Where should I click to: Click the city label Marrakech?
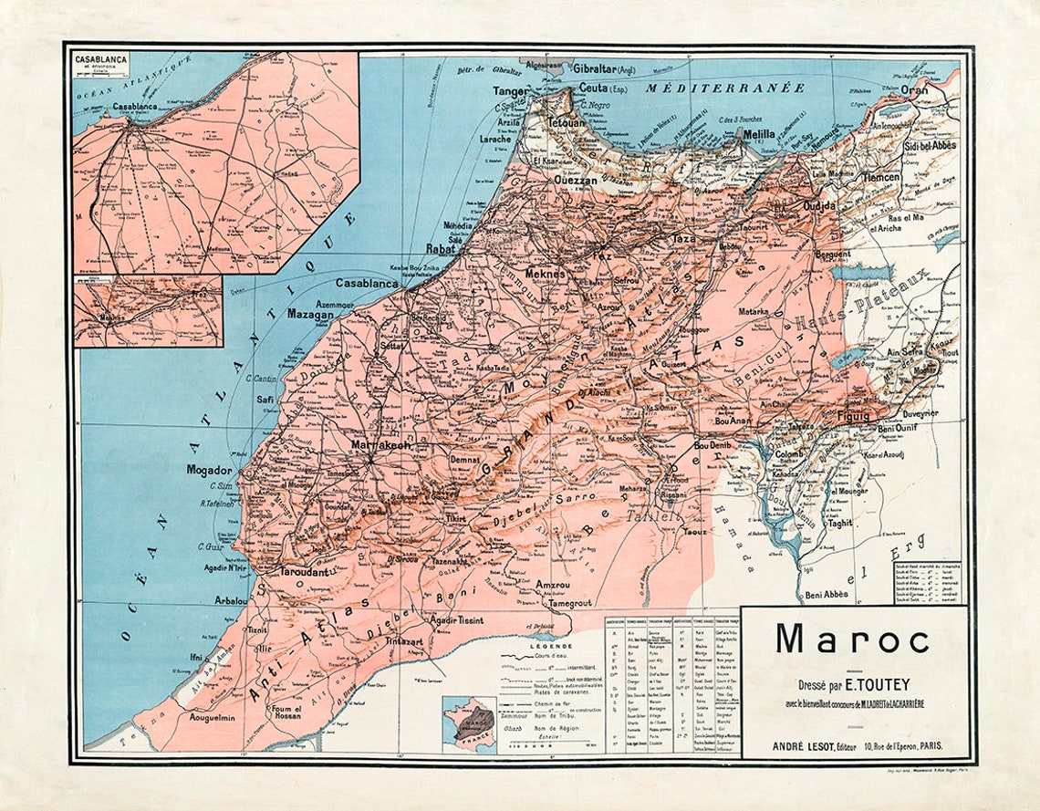(x=381, y=445)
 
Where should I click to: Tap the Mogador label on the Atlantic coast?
(x=210, y=470)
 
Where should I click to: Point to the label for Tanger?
(x=511, y=91)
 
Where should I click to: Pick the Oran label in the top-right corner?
(x=914, y=90)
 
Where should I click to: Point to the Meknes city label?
(x=546, y=273)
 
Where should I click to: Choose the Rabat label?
(x=441, y=248)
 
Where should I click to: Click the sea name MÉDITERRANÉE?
(x=726, y=88)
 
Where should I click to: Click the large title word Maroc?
(x=852, y=639)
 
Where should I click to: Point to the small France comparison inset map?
(x=468, y=723)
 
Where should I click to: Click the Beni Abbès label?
(x=827, y=594)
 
